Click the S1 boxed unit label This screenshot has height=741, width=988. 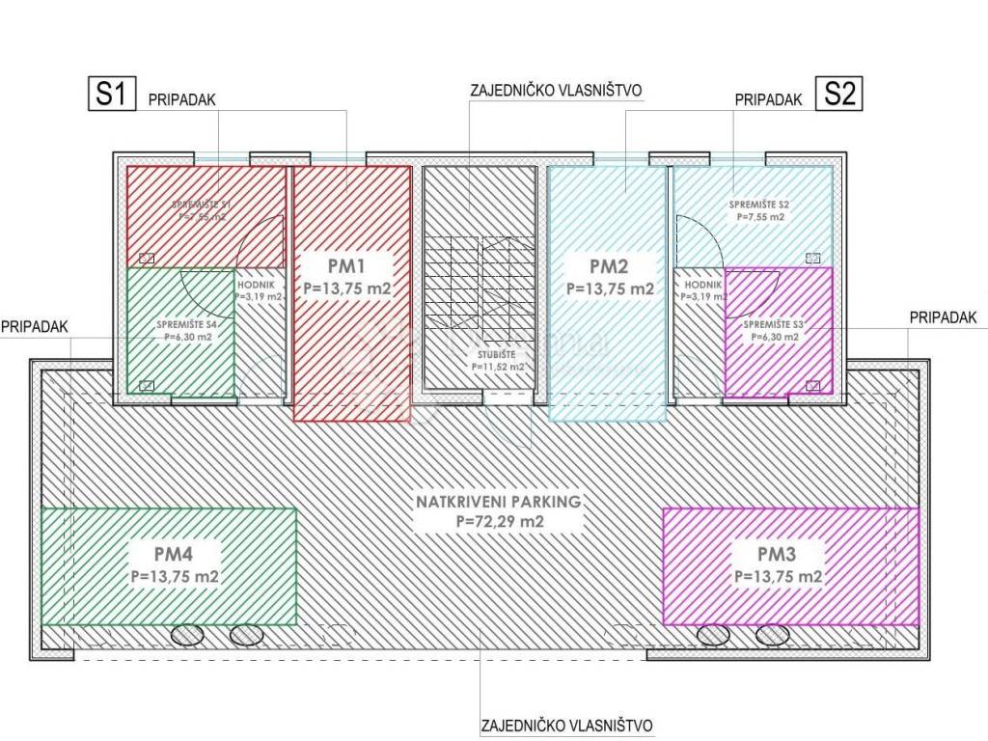108,95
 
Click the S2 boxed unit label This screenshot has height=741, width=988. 838,95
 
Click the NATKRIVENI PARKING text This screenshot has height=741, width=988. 498,502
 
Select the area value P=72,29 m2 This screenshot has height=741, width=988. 498,522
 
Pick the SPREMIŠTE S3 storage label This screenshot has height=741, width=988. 770,325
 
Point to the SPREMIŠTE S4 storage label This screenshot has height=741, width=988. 185,325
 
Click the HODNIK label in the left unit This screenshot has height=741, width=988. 258,287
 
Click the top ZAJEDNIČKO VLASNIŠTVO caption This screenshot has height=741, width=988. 556,92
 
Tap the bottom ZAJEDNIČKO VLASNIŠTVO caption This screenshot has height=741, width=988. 567,725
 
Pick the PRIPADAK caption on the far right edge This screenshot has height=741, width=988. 943,316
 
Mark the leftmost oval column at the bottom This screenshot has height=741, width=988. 188,635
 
